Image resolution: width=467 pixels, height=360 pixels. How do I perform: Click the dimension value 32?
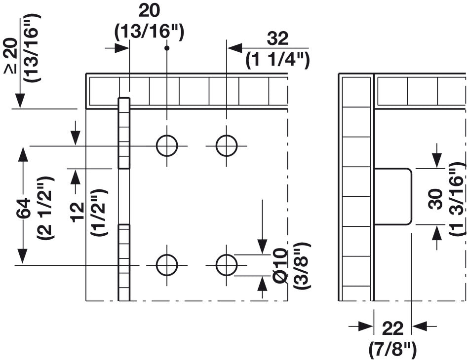point(277,39)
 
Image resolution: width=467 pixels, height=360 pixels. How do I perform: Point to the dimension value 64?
point(24,208)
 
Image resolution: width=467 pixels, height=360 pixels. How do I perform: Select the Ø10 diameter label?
point(280,265)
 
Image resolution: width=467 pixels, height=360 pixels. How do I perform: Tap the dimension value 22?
point(392,328)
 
